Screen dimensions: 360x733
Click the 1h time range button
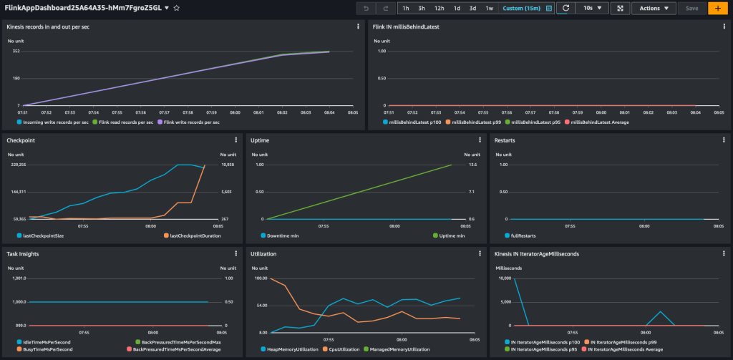click(406, 8)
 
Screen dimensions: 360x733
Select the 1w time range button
click(489, 8)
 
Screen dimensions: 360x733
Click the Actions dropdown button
click(654, 8)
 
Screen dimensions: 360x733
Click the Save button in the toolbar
click(691, 8)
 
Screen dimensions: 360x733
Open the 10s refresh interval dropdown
click(592, 8)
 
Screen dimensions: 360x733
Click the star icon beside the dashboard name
click(177, 8)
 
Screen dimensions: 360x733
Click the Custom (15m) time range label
click(522, 8)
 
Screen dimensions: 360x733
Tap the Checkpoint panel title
click(21, 140)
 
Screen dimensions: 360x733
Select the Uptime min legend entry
click(451, 235)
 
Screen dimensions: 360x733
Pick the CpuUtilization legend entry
click(344, 349)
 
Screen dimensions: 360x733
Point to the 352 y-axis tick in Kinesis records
click(16, 52)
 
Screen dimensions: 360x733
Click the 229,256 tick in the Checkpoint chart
click(17, 165)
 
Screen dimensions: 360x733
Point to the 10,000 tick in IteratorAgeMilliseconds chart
click(503, 278)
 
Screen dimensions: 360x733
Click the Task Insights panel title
click(23, 253)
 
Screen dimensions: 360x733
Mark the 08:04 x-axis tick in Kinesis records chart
click(329, 112)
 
